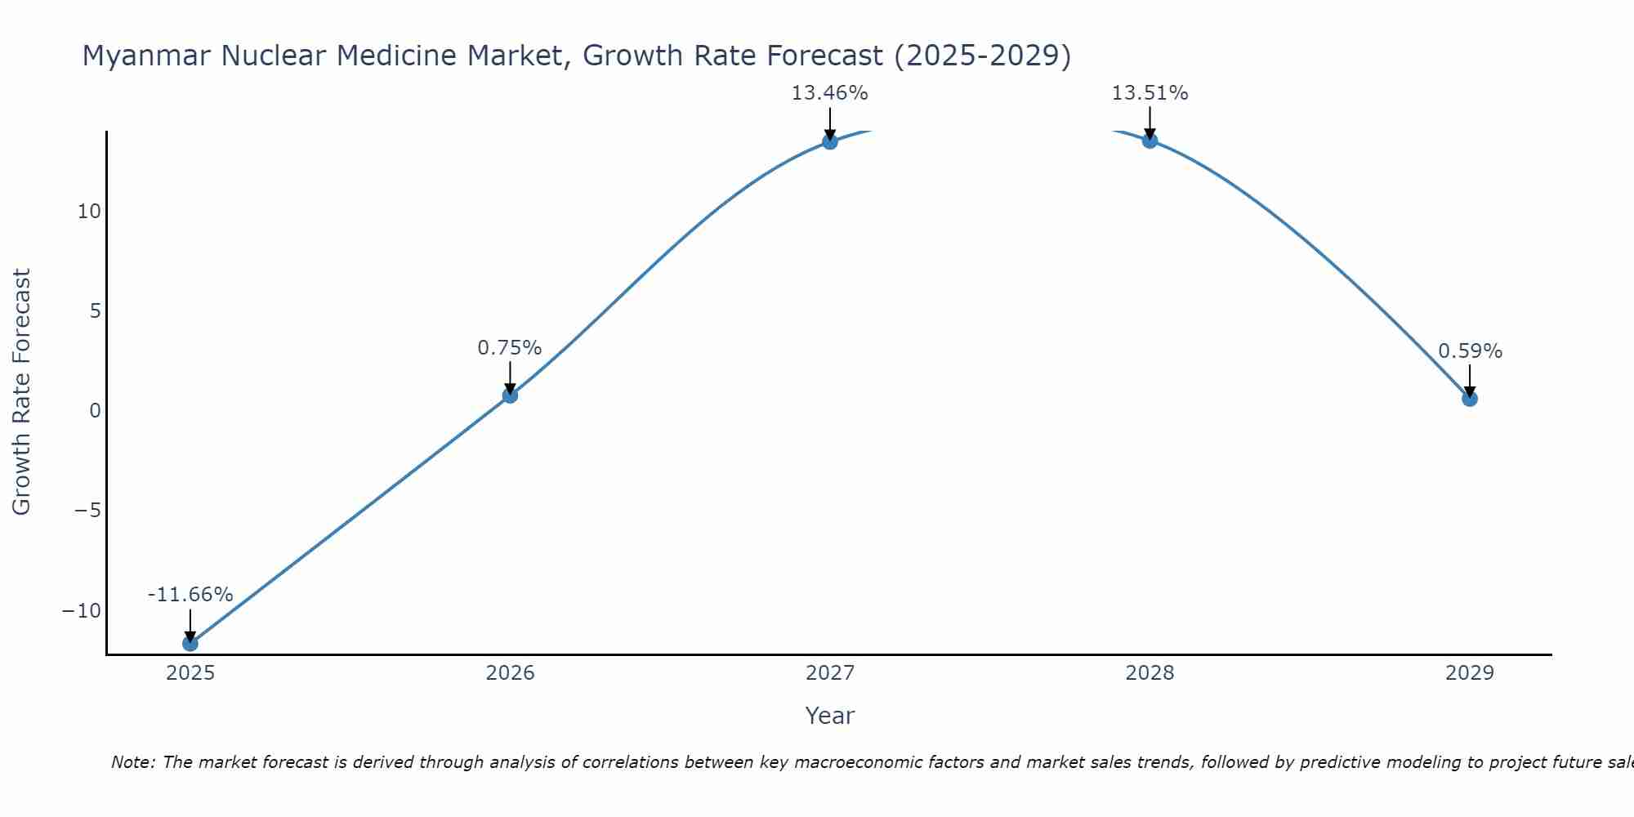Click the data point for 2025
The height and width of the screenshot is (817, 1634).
(190, 643)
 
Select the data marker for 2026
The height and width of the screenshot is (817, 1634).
(510, 395)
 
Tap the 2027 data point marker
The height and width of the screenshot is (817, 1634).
(830, 141)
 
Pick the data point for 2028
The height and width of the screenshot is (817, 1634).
(1150, 141)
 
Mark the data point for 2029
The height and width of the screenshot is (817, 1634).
(1470, 399)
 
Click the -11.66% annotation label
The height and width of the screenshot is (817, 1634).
(190, 595)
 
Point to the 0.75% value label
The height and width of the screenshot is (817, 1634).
(510, 348)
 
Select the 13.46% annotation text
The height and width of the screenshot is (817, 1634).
(830, 93)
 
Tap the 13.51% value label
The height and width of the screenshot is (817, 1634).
(1150, 93)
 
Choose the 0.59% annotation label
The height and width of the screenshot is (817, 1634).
(1470, 351)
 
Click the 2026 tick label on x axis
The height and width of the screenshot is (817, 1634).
(510, 673)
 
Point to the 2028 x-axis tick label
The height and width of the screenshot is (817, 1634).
(1150, 673)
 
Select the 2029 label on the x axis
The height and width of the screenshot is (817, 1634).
(1470, 673)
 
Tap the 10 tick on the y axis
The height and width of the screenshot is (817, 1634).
(89, 212)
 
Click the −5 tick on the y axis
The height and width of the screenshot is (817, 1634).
(87, 511)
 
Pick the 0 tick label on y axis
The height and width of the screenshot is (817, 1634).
(95, 411)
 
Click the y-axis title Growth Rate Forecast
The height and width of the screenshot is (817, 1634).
(22, 392)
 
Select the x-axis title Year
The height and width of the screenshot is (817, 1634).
(830, 716)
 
